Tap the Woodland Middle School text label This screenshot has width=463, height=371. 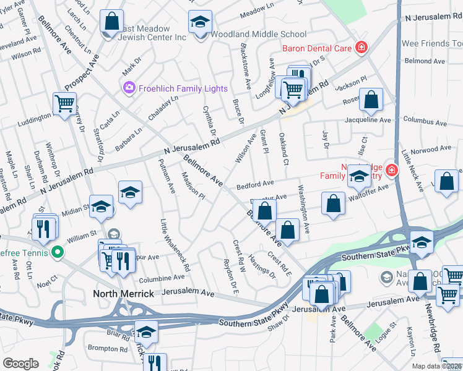pos(259,35)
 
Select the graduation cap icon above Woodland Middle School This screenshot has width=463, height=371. pos(201,24)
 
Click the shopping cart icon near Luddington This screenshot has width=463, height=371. pos(64,104)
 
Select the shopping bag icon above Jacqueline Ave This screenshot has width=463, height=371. pos(371,99)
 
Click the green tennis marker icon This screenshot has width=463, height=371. pos(58,252)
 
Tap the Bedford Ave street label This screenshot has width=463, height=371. pos(254,184)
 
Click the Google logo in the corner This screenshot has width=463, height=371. pos(20,364)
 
